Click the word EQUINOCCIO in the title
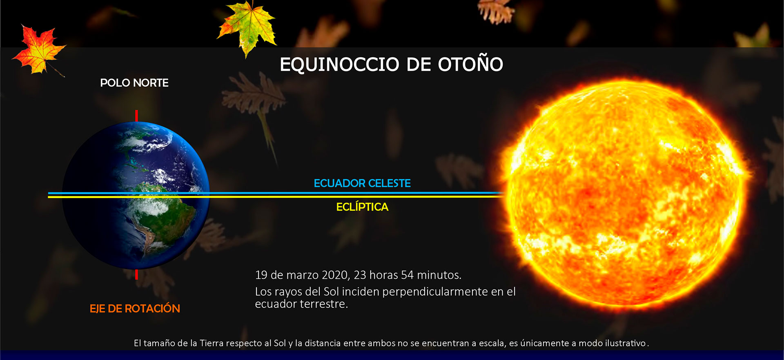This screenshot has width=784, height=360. point(339,64)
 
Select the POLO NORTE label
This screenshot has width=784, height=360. point(134,83)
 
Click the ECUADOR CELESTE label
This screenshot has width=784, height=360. point(362,183)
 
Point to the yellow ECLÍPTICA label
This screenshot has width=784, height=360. point(362,207)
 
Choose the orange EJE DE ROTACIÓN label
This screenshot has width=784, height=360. point(135,308)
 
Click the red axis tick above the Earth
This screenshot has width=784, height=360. point(136,116)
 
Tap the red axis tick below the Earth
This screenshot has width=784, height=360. point(136,274)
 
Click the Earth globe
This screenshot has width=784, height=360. point(136,195)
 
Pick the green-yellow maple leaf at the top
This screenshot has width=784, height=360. point(247,28)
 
